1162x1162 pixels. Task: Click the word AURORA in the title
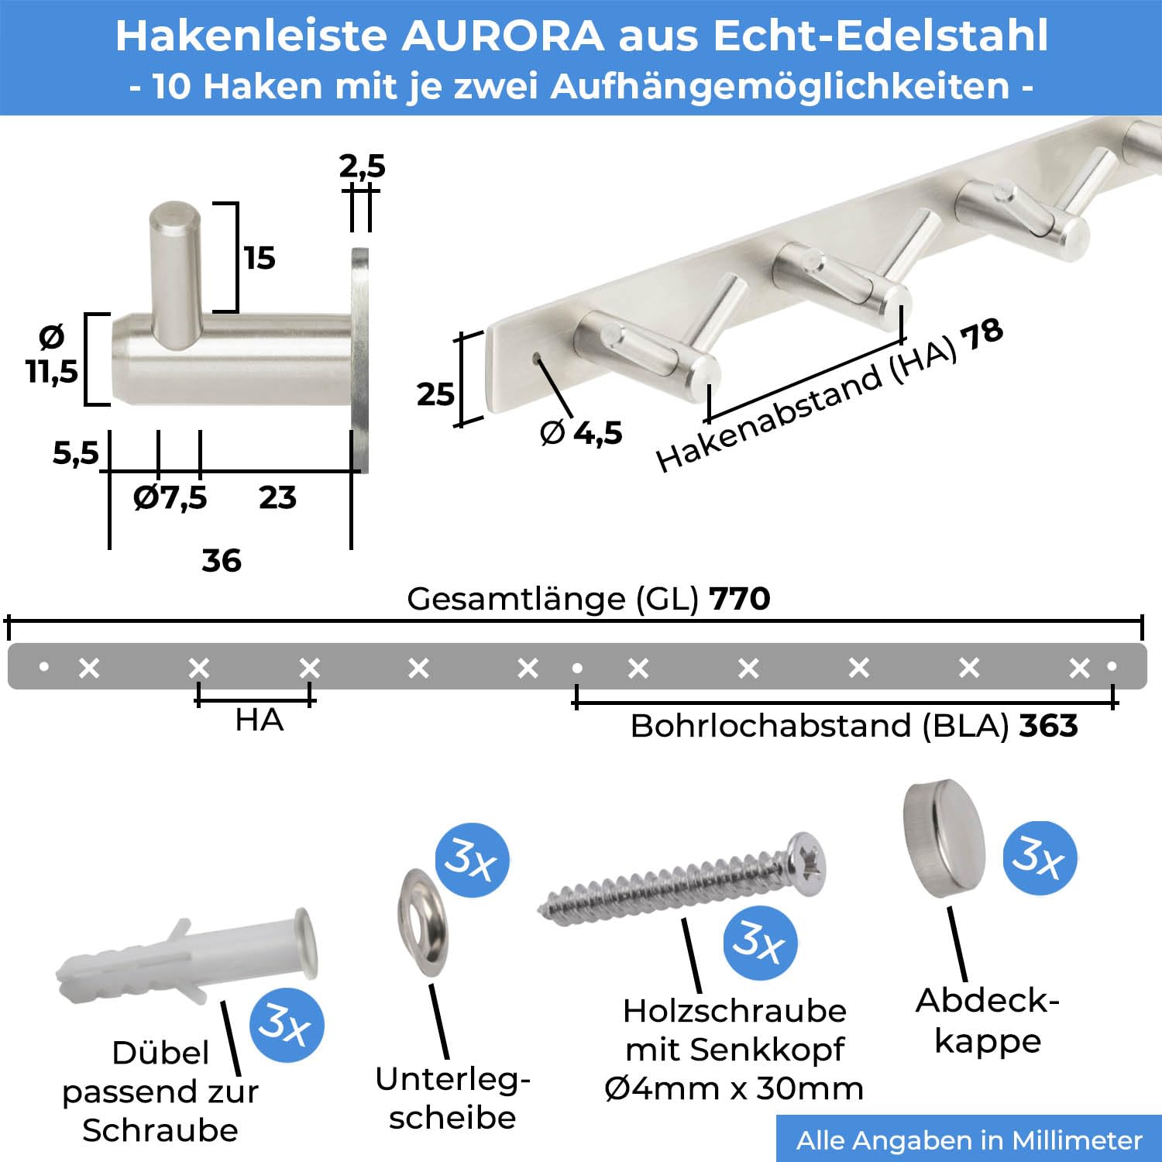(x=502, y=36)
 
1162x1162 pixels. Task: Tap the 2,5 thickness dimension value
(x=362, y=166)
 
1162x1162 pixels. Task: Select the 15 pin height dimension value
(x=260, y=258)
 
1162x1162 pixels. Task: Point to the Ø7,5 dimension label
(x=170, y=497)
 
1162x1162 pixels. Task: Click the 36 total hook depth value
(x=222, y=560)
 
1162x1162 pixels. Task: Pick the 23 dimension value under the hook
(x=277, y=497)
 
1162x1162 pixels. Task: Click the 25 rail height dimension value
(x=435, y=394)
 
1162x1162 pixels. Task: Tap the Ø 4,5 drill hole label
(x=581, y=432)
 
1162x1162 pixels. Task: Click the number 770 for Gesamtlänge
(x=740, y=599)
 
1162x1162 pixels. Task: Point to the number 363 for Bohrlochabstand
(x=1048, y=726)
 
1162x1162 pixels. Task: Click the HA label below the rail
(x=259, y=720)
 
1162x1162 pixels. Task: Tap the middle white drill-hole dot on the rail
(x=577, y=668)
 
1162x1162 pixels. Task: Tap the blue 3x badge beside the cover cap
(x=1040, y=858)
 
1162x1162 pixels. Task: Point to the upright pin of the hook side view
(x=175, y=273)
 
